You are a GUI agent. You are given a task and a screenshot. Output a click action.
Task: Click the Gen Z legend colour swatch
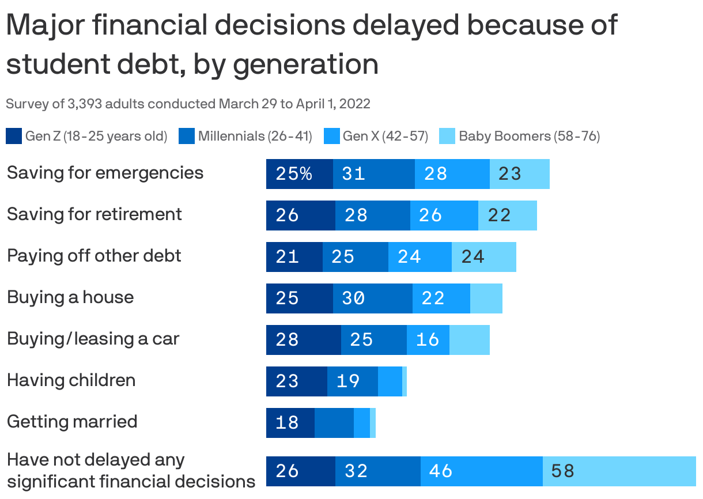coord(14,137)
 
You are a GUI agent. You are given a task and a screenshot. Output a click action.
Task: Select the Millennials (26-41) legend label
coord(255,137)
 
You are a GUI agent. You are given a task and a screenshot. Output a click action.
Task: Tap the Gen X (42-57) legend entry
coord(385,137)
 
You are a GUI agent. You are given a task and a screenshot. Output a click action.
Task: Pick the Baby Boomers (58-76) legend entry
coord(529,137)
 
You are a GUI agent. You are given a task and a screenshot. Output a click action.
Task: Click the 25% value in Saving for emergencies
coord(294,174)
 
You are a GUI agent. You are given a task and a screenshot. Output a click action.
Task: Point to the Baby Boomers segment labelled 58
coord(619,471)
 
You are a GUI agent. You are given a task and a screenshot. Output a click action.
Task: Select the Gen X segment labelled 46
coord(481,471)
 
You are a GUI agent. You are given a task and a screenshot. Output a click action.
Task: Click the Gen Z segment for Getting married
coord(290,423)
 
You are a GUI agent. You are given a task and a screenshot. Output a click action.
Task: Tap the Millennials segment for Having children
coord(352,381)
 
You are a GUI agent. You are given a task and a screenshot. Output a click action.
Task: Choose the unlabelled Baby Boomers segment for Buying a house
coord(486,298)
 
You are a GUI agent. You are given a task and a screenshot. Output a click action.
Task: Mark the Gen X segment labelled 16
coord(428,340)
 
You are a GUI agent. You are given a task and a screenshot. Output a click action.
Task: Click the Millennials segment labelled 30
coord(372,298)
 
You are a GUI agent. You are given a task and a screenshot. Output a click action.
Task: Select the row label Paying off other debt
coord(94,256)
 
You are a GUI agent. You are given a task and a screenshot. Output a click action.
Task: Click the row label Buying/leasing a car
coord(93,339)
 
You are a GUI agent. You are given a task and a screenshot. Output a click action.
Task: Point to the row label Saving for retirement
coord(94,214)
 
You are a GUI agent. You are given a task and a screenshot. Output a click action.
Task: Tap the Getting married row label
coord(72,422)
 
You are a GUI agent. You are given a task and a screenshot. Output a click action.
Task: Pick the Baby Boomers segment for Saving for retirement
coord(507,216)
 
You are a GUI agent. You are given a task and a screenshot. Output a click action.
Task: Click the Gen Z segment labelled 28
coord(303,340)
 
